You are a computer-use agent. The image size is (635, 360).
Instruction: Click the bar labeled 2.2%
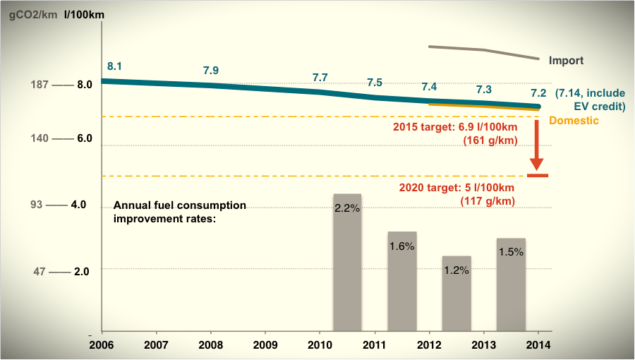[x=347, y=262]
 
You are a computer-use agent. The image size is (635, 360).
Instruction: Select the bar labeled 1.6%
[x=402, y=281]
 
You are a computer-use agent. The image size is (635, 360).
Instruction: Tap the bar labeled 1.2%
[x=456, y=293]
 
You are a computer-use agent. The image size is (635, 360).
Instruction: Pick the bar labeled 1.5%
[x=511, y=284]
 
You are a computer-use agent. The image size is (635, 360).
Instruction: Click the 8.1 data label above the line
[x=115, y=66]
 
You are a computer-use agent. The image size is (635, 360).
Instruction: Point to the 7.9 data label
[x=211, y=70]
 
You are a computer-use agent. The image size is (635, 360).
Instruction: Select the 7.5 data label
[x=375, y=83]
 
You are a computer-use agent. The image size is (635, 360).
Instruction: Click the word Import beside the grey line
[x=566, y=61]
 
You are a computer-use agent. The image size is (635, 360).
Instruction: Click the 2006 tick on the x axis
[x=102, y=346]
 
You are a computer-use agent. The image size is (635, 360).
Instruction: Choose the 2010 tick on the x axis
[x=320, y=346]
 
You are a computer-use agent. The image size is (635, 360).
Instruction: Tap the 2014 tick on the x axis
[x=538, y=346]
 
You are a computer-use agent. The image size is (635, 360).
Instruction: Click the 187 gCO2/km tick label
[x=39, y=85]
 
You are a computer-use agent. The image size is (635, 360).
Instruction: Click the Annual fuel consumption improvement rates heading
[x=180, y=211]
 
